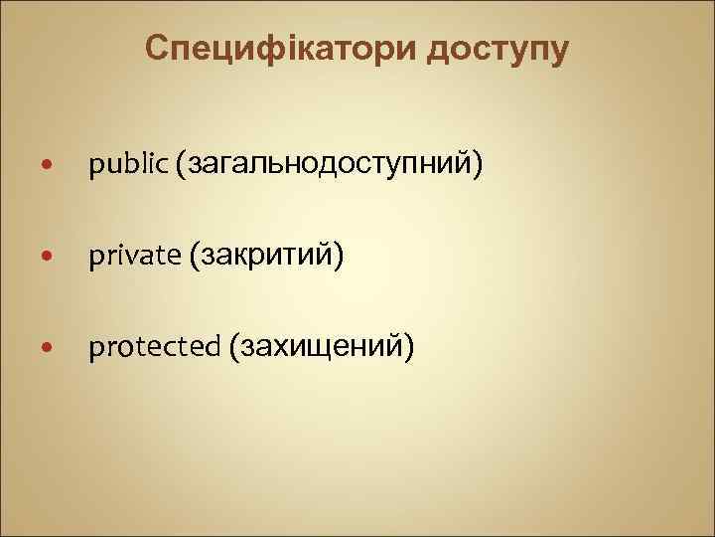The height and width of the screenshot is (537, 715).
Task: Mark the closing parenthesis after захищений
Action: click(x=408, y=348)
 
